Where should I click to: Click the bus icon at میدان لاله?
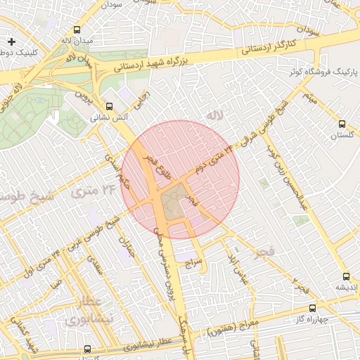tap(77, 30)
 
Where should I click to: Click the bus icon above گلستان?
tap(342, 122)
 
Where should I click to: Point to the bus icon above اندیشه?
tap(345, 276)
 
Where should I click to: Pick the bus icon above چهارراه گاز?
tap(312, 307)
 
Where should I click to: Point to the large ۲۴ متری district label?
tap(97, 189)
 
